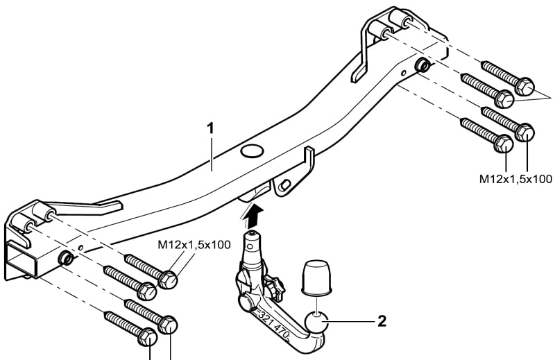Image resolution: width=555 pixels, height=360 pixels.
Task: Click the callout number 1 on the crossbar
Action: [212, 129]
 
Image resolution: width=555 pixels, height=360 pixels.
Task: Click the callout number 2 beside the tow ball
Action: [381, 321]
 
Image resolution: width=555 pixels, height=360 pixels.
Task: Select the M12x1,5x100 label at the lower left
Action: [194, 245]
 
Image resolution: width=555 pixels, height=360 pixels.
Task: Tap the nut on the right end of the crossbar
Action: [421, 66]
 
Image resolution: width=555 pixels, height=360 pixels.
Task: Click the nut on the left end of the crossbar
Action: [65, 259]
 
